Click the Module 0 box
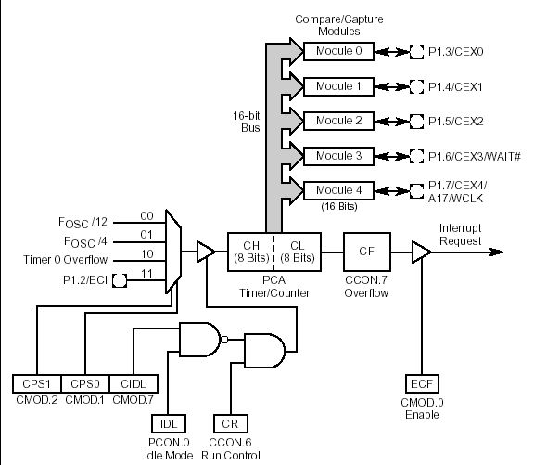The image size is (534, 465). pyautogui.click(x=338, y=51)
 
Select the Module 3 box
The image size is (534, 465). pyautogui.click(x=338, y=156)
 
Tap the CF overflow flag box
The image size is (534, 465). pyautogui.click(x=367, y=252)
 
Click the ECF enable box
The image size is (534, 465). pyautogui.click(x=422, y=384)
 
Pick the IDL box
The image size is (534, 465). pyautogui.click(x=169, y=424)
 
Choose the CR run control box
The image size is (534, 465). pyautogui.click(x=231, y=424)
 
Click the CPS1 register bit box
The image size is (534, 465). pyautogui.click(x=37, y=384)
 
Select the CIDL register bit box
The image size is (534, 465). pyautogui.click(x=133, y=384)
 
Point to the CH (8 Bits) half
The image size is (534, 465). pyautogui.click(x=251, y=252)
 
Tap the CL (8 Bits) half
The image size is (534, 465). pyautogui.click(x=298, y=252)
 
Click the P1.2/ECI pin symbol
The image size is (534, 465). pyautogui.click(x=120, y=280)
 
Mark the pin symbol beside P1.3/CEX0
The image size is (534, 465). pyautogui.click(x=416, y=52)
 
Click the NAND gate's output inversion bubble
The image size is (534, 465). pyautogui.click(x=224, y=340)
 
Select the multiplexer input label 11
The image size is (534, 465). pyautogui.click(x=146, y=274)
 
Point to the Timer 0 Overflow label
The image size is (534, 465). pyautogui.click(x=66, y=260)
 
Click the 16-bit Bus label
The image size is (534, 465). pyautogui.click(x=247, y=122)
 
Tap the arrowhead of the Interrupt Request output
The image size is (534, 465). pyautogui.click(x=497, y=252)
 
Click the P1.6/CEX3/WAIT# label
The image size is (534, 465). pyautogui.click(x=475, y=157)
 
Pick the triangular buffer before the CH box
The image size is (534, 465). pyautogui.click(x=206, y=252)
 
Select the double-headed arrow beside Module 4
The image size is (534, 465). pyautogui.click(x=391, y=191)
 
